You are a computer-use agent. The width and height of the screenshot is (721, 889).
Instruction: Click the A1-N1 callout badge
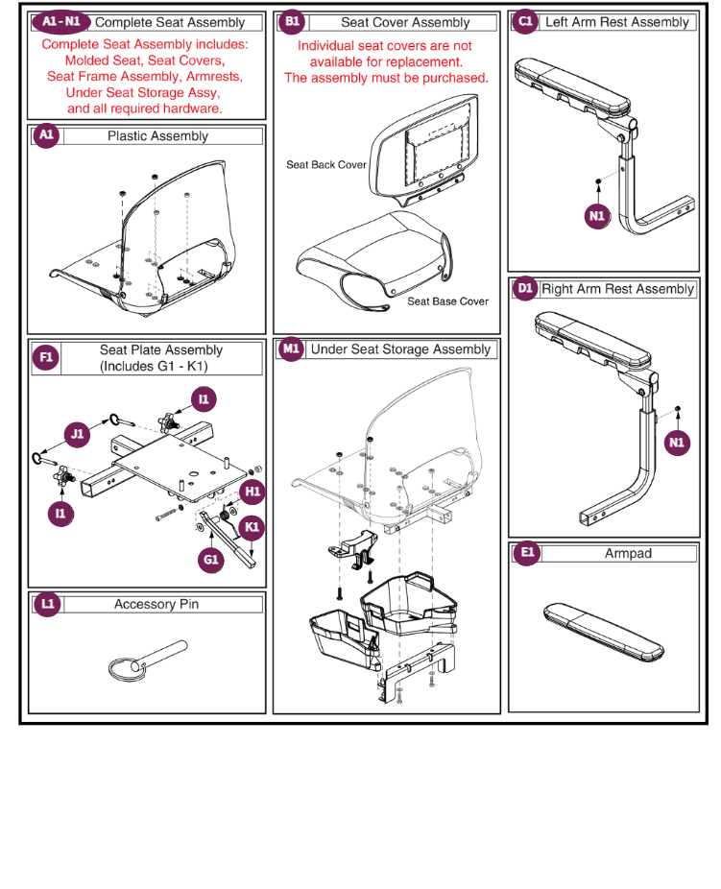(60, 22)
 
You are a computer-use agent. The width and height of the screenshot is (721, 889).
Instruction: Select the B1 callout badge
(292, 22)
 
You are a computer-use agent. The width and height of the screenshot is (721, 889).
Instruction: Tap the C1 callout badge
(525, 22)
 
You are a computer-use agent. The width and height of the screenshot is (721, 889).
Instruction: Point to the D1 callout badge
(525, 288)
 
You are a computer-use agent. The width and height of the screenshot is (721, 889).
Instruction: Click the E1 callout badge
(525, 554)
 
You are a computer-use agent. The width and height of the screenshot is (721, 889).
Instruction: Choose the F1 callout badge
(46, 358)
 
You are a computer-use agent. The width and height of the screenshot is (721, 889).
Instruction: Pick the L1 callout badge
(46, 604)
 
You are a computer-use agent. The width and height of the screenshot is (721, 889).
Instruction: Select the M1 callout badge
(292, 349)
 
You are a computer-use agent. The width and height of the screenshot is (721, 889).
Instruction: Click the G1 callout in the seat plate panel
(211, 559)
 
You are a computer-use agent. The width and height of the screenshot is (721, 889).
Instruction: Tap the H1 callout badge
(252, 493)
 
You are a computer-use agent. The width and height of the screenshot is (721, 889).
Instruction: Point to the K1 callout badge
(252, 527)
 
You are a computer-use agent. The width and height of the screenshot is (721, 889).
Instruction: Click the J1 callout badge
(78, 434)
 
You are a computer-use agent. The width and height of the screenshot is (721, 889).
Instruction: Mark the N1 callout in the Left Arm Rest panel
(597, 216)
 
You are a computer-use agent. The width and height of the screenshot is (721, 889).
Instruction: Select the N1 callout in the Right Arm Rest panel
(678, 443)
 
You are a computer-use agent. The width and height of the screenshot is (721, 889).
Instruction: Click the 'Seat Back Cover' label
(326, 165)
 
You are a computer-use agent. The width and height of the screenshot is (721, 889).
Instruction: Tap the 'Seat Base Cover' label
(447, 301)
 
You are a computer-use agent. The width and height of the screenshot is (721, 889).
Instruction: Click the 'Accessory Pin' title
(156, 604)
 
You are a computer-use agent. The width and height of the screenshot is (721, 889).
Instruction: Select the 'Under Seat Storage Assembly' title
(400, 349)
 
